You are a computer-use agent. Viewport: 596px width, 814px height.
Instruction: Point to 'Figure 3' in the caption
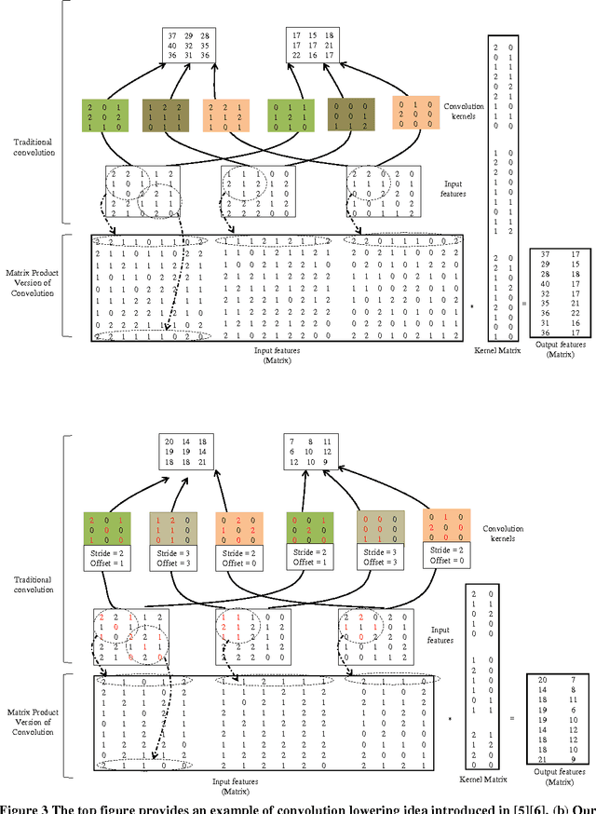point(24,806)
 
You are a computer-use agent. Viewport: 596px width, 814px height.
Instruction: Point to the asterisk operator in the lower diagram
point(450,719)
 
